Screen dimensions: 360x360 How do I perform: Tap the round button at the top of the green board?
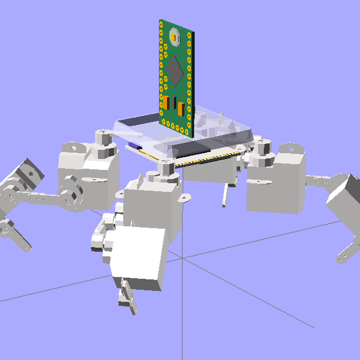pyautogui.click(x=175, y=38)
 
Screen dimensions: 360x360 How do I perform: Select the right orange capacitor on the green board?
pyautogui.click(x=181, y=109)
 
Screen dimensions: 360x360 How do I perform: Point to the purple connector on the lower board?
pyautogui.click(x=133, y=145)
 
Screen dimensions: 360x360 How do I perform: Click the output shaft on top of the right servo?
pyautogui.click(x=262, y=146)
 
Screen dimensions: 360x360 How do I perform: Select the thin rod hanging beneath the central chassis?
pyautogui.click(x=226, y=196)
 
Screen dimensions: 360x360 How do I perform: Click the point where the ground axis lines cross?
pyautogui.click(x=183, y=259)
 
